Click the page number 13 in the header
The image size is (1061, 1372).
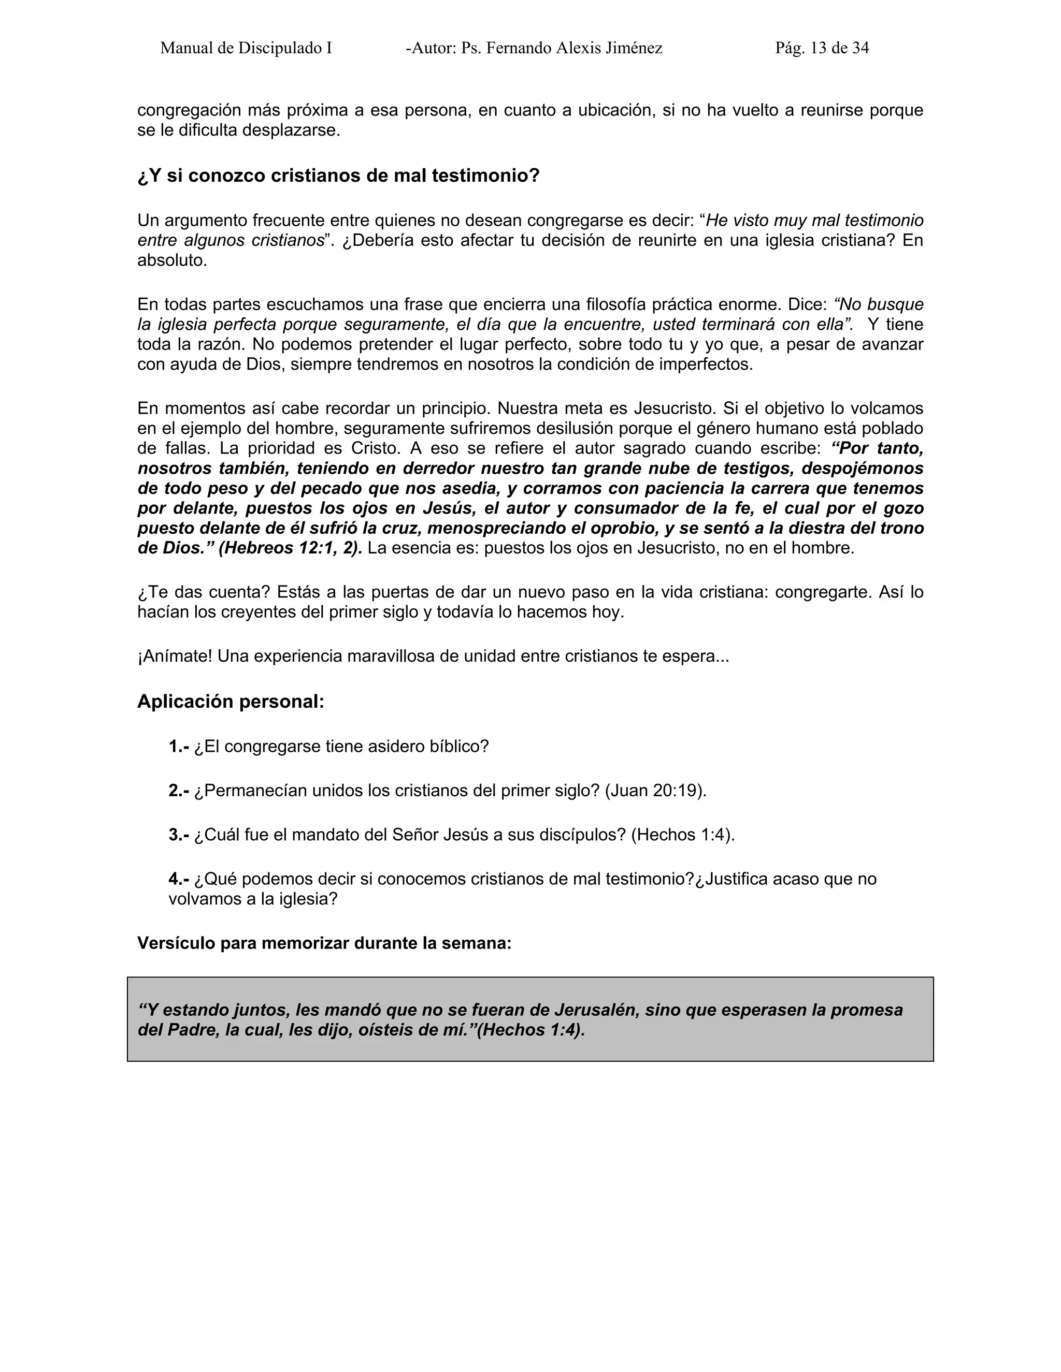(x=819, y=48)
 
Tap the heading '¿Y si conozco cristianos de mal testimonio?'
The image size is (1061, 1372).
(x=338, y=176)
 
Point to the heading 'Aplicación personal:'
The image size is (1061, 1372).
(x=231, y=702)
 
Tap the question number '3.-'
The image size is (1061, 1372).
(x=179, y=835)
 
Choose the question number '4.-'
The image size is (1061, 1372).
(x=179, y=879)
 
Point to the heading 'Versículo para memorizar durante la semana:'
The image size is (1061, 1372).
(x=324, y=943)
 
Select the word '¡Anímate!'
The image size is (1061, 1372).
(x=174, y=656)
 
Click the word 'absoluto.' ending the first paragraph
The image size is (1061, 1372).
(x=172, y=261)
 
